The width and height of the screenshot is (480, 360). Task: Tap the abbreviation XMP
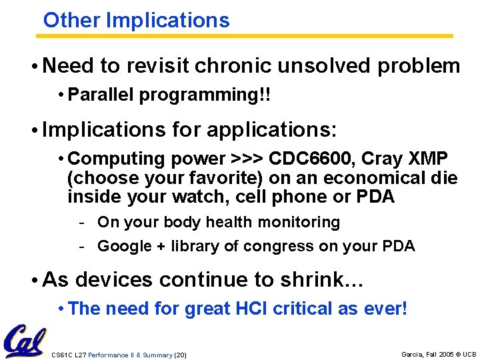pyautogui.click(x=431, y=159)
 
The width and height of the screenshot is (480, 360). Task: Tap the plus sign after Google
pyautogui.click(x=161, y=246)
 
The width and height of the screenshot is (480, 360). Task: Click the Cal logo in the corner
pyautogui.click(x=25, y=341)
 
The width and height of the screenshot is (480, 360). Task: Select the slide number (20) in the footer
pyautogui.click(x=180, y=355)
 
